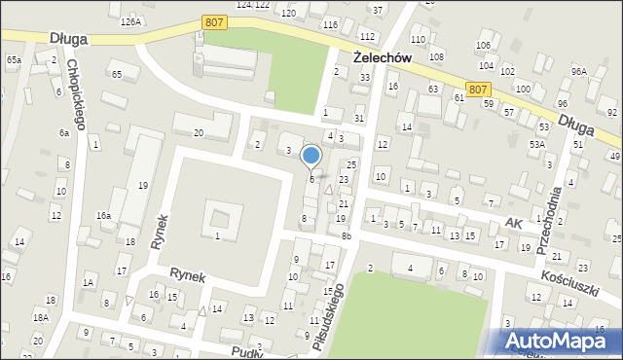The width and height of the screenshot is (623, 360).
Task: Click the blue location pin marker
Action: coord(311,156)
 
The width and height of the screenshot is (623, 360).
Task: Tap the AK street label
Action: coord(513,224)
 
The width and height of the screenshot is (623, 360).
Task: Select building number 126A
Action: coord(131,21)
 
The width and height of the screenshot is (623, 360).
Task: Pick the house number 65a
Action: coord(14,60)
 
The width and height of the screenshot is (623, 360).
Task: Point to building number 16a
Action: coord(103,215)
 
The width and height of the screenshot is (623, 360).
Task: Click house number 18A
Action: coord(40,317)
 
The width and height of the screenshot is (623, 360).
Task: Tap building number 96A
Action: coord(579,72)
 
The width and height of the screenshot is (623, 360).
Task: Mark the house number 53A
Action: coord(535,144)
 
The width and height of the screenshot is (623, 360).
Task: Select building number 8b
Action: coord(346,235)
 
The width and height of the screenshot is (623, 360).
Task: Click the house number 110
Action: coord(418,39)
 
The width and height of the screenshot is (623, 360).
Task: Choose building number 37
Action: coord(378,10)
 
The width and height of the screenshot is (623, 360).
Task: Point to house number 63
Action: coord(432,89)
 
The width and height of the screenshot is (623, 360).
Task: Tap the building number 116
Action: coord(331,24)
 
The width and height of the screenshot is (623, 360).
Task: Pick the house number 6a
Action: coord(64,132)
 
